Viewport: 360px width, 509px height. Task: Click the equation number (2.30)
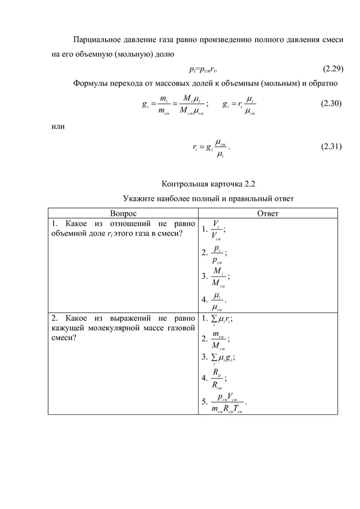click(x=331, y=103)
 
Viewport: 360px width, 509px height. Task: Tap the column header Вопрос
click(x=123, y=213)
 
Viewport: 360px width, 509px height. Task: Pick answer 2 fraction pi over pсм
click(x=218, y=253)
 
